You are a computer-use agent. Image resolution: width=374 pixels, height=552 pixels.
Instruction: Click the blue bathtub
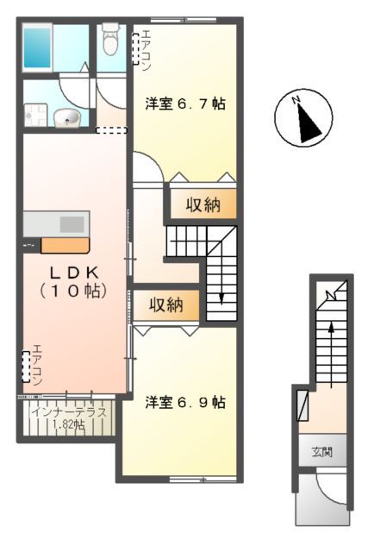click(x=38, y=47)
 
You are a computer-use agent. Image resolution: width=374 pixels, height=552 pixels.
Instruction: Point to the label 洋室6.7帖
click(x=184, y=104)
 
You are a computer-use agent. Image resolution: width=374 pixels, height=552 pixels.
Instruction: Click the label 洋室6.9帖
click(x=184, y=402)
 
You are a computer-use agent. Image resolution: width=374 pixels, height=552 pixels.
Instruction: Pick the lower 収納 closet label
click(x=167, y=304)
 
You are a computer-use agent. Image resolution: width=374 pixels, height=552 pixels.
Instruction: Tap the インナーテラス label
click(x=69, y=412)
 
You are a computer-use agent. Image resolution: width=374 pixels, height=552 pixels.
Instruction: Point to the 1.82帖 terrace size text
click(x=69, y=424)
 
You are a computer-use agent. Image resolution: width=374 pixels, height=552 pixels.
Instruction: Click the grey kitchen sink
click(x=72, y=223)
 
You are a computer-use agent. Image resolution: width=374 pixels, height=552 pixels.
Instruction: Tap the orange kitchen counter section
click(x=64, y=245)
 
